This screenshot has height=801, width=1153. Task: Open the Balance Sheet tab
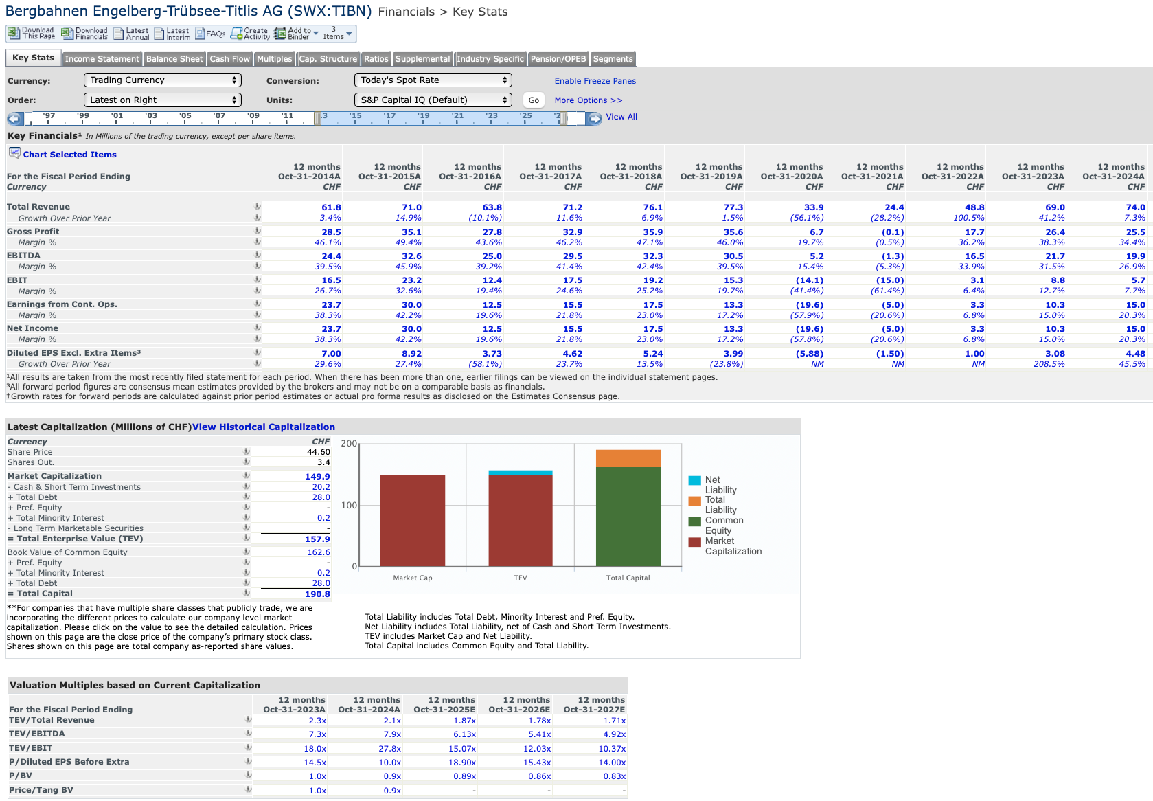(x=174, y=58)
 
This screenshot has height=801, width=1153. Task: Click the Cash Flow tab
(x=229, y=58)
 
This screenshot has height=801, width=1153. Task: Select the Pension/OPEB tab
(x=558, y=58)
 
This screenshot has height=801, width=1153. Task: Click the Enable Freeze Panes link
(x=595, y=81)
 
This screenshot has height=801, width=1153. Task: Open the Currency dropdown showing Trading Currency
(x=163, y=80)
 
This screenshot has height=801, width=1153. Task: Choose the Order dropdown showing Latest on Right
(x=163, y=100)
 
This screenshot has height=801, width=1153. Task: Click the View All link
(x=621, y=117)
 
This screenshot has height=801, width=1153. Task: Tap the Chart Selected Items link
(x=69, y=155)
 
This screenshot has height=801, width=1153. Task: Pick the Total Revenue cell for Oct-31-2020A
(x=814, y=207)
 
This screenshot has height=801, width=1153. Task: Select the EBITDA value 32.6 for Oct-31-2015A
(x=411, y=256)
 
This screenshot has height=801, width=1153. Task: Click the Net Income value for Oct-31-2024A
(x=1136, y=328)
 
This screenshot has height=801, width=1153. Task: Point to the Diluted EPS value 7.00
(x=331, y=354)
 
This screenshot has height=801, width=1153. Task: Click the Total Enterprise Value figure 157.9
(x=317, y=539)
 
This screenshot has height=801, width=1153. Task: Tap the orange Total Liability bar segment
(x=628, y=459)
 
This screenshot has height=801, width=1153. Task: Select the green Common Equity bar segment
(x=628, y=517)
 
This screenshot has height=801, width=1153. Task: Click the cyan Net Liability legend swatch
(x=694, y=480)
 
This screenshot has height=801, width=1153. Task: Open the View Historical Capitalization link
(x=263, y=427)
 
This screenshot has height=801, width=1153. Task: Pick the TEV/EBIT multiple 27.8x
(x=389, y=749)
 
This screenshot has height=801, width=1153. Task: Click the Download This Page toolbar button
(x=32, y=34)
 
